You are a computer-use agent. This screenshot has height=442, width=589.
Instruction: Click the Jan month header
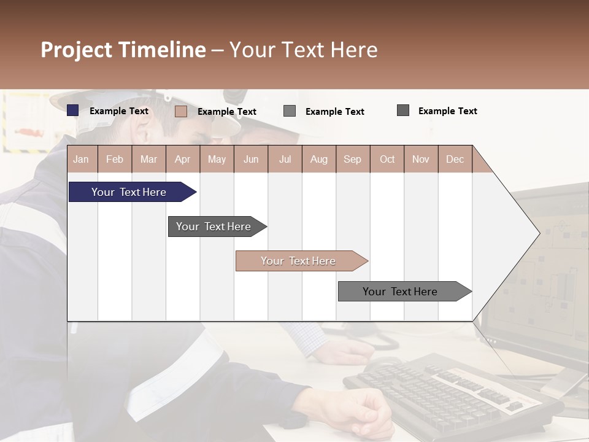pyautogui.click(x=81, y=159)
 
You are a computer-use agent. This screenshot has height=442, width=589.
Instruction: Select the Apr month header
pyautogui.click(x=183, y=159)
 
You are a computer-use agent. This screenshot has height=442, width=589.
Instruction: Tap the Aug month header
pyautogui.click(x=318, y=159)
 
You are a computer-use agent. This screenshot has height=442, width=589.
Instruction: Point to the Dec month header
pyautogui.click(x=455, y=159)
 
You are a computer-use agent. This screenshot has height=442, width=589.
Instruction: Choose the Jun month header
pyautogui.click(x=251, y=159)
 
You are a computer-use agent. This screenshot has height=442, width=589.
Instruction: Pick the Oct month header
pyautogui.click(x=387, y=159)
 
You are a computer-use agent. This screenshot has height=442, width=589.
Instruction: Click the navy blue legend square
pyautogui.click(x=73, y=110)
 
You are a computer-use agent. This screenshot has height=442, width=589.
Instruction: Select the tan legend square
pyautogui.click(x=181, y=111)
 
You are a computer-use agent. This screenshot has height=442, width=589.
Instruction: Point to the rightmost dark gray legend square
pyautogui.click(x=403, y=110)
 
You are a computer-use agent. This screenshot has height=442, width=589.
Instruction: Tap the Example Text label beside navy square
pyautogui.click(x=119, y=111)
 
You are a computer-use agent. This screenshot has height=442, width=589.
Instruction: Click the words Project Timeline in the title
pyautogui.click(x=123, y=50)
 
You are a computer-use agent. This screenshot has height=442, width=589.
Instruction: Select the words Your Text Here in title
pyautogui.click(x=304, y=50)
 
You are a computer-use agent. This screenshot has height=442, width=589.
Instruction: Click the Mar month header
pyautogui.click(x=149, y=159)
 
